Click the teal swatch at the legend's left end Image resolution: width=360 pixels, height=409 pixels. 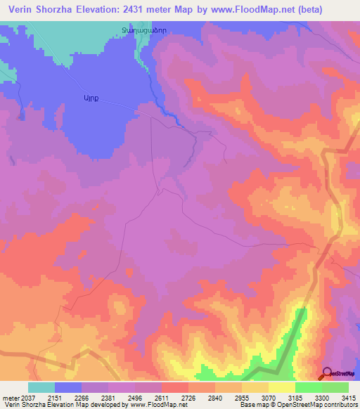coord(41,387)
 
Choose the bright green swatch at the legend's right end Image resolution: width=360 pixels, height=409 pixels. coord(335,387)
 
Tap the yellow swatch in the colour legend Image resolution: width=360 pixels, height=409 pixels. coord(282,387)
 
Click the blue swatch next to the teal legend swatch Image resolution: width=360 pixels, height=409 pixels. coord(68,387)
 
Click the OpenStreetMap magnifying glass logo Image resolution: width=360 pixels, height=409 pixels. coord(328,372)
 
